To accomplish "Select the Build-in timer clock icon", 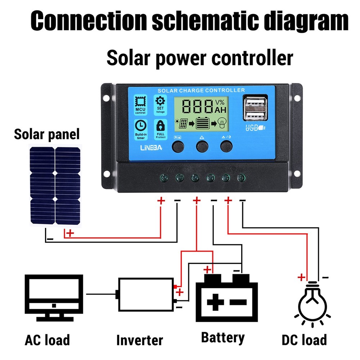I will [140, 126].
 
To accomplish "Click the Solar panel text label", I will [46, 135].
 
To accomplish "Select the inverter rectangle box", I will [145, 294].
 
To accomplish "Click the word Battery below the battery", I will [223, 338].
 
